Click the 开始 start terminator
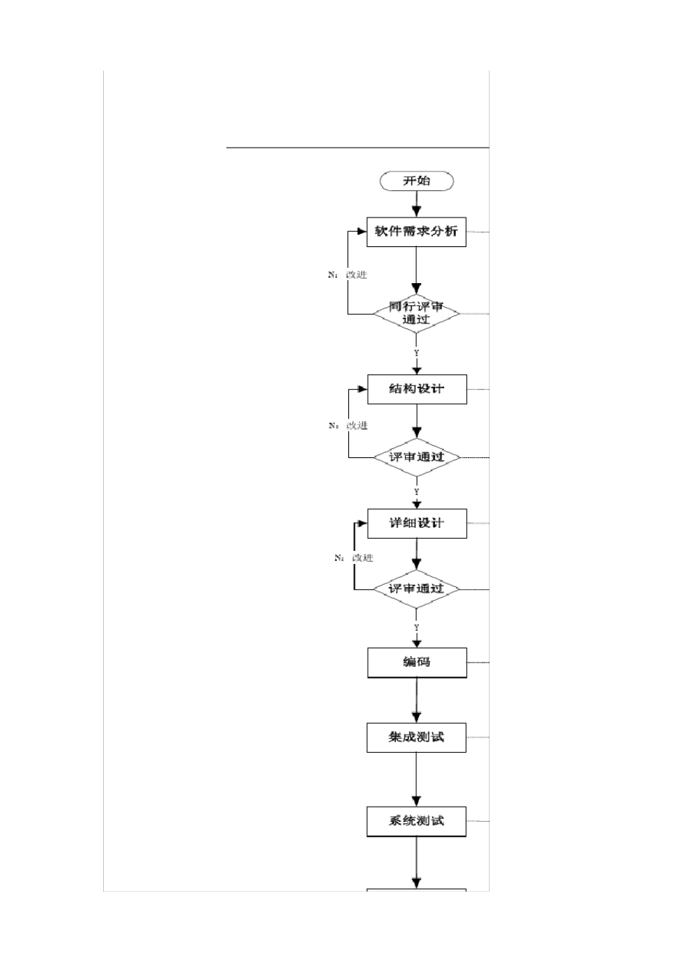tap(417, 181)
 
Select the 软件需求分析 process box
tap(416, 232)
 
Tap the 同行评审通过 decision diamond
tap(416, 313)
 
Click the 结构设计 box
tap(417, 389)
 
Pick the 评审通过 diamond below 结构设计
tap(416, 457)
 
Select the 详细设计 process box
tap(417, 523)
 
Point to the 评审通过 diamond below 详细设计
tap(416, 588)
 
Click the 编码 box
tap(417, 662)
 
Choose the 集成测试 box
tap(416, 737)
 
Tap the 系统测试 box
tap(416, 821)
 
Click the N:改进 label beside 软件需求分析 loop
tap(348, 274)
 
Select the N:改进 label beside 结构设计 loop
tap(348, 426)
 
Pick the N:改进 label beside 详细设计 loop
tap(354, 557)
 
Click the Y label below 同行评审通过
tap(416, 353)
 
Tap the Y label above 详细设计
tap(416, 492)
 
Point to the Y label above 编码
tap(416, 628)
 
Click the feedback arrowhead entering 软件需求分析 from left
tap(361, 232)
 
